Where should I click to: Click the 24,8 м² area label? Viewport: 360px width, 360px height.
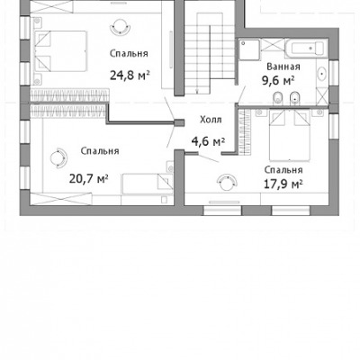(130, 76)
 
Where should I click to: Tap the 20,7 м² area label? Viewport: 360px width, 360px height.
(89, 179)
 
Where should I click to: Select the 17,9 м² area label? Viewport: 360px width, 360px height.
(283, 184)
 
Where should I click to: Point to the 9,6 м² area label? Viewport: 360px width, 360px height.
(278, 80)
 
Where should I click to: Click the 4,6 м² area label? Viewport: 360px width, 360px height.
(208, 141)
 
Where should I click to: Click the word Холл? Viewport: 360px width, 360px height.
(211, 120)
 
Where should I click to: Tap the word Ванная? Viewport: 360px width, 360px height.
(283, 67)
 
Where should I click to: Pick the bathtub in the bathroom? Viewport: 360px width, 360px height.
(305, 48)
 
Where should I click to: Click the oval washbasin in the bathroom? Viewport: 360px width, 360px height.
(322, 74)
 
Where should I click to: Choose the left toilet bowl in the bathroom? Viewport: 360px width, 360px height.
(277, 99)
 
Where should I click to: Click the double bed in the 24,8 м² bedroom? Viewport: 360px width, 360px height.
(61, 51)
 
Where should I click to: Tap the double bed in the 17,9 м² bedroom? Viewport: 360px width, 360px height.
(290, 135)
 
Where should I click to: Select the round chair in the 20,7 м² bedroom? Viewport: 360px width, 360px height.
(58, 157)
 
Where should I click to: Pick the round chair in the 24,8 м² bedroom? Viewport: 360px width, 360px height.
(121, 27)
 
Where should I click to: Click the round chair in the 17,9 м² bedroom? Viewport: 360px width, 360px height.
(227, 182)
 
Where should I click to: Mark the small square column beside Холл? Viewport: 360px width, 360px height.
(179, 123)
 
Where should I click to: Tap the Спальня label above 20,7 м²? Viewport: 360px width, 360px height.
(100, 151)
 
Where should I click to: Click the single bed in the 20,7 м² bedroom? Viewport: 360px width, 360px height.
(148, 184)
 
